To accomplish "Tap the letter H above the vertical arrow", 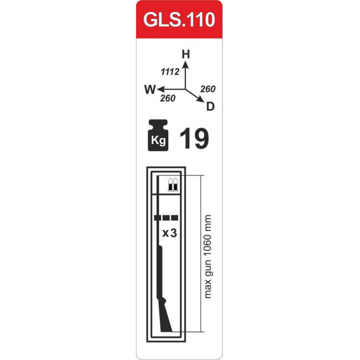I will click(186, 54).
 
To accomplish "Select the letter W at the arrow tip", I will click(150, 89).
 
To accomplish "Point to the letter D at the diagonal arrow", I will click(210, 107).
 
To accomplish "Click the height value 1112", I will click(170, 71).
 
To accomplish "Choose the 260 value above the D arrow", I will click(207, 89).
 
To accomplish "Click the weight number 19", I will click(194, 138).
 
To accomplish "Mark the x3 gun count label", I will click(169, 233).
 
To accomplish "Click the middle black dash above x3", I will click(166, 218).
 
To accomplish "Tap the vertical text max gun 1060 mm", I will click(207, 256).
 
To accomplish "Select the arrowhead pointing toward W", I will click(161, 89).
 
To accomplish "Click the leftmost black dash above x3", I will click(157, 218).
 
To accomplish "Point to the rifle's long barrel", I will click(160, 270).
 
